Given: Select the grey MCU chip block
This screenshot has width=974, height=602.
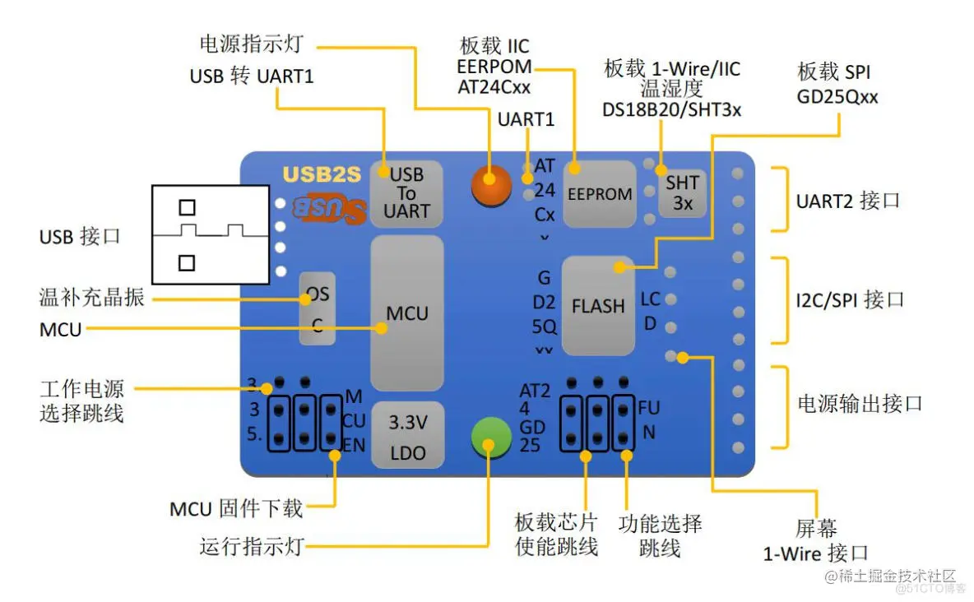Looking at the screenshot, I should point(407,313).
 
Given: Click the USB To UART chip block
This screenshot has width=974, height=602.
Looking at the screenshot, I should point(406,193).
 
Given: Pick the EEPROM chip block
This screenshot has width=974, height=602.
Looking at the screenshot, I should point(600,194).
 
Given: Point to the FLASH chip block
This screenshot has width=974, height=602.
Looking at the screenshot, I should point(598,305).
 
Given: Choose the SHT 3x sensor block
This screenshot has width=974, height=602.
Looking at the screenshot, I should point(682,192).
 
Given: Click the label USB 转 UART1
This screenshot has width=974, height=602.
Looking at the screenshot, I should point(252,76).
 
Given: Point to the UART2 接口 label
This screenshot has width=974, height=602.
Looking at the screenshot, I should point(847,201).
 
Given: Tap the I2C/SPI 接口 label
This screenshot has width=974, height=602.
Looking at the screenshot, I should point(850,299).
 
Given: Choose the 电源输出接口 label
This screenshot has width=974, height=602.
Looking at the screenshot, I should point(860,404).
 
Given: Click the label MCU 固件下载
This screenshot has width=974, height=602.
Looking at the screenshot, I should point(236,508).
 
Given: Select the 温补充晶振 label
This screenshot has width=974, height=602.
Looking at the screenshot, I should point(92,297).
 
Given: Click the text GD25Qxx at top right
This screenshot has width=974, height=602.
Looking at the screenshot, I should point(837,97).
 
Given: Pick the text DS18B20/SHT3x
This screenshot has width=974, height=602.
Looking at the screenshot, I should point(671,109).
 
